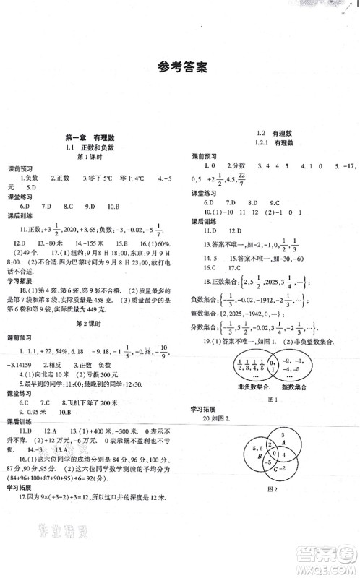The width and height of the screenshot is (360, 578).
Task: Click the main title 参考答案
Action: click(x=181, y=69)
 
